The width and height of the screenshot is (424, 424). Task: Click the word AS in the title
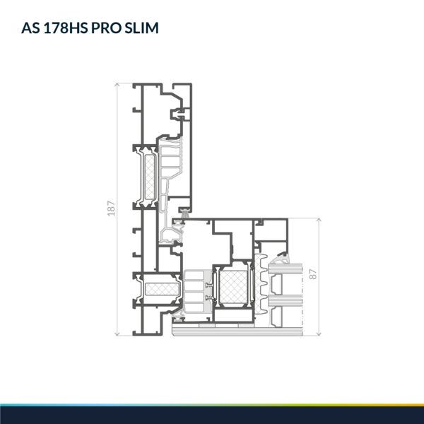click(x=30, y=28)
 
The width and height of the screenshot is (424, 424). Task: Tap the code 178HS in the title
click(x=65, y=28)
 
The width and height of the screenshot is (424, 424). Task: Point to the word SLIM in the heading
click(x=141, y=28)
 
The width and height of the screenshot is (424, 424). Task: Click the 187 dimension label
click(x=111, y=208)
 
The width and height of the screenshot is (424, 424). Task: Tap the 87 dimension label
click(x=312, y=274)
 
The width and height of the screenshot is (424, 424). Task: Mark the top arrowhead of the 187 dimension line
click(x=117, y=85)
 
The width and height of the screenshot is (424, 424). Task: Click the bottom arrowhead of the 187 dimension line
click(x=117, y=334)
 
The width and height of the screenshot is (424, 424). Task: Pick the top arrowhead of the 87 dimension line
click(x=319, y=220)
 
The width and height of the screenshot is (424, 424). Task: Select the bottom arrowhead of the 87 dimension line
click(x=319, y=334)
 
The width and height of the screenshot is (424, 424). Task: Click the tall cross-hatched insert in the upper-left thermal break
click(x=150, y=177)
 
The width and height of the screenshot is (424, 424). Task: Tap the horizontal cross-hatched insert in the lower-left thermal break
click(x=163, y=289)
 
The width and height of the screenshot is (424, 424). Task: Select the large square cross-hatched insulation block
click(x=233, y=287)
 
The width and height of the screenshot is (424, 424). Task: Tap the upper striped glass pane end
click(x=285, y=269)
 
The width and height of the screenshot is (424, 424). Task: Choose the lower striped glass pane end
click(x=285, y=301)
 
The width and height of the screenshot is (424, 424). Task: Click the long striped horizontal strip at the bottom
click(x=237, y=331)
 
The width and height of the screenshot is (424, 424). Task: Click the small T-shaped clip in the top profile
click(x=180, y=114)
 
